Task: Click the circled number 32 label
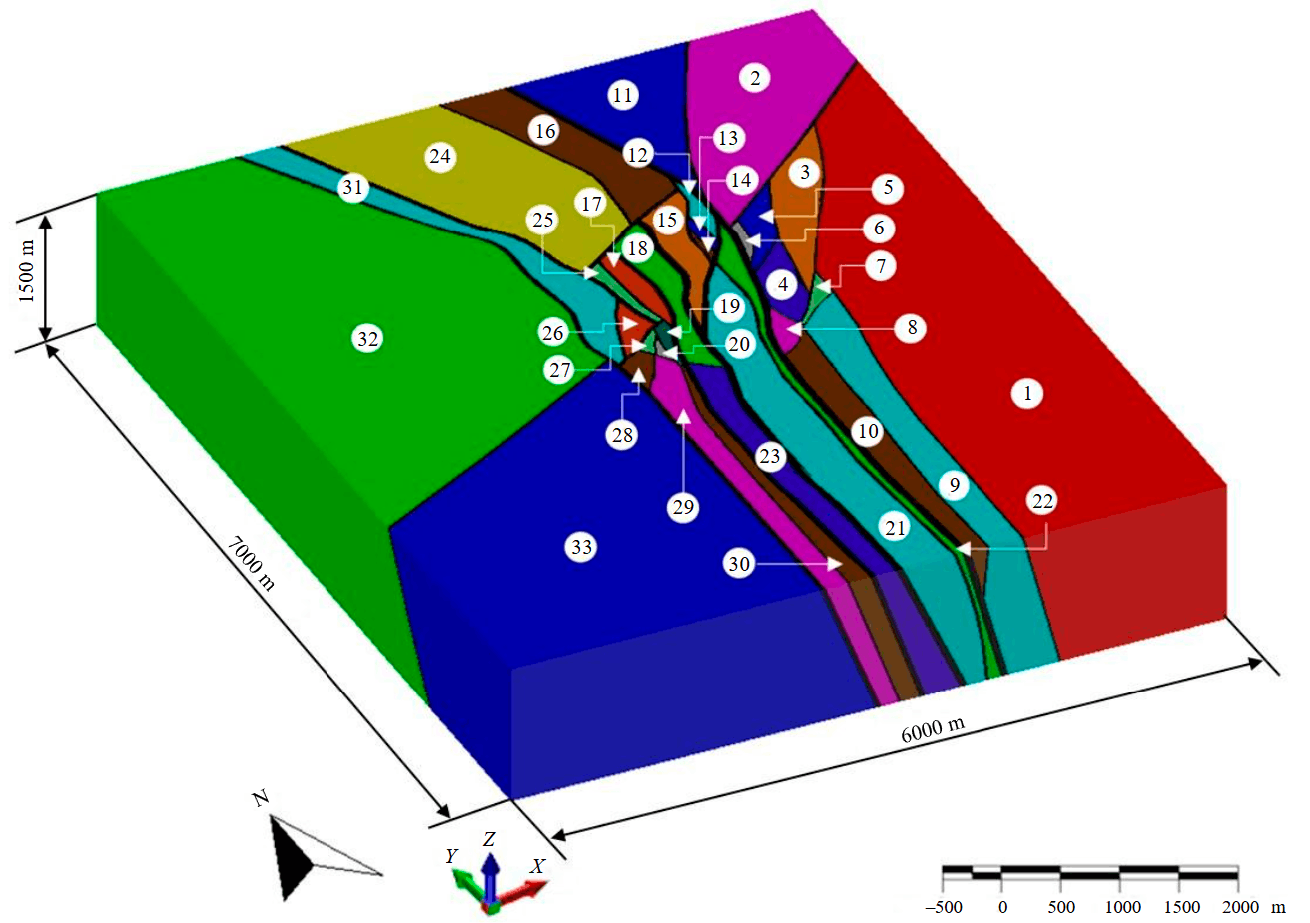tap(367, 339)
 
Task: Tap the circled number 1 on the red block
tap(1027, 393)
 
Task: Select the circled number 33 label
tap(581, 547)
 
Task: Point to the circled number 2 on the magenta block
tap(755, 78)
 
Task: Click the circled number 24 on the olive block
tap(439, 157)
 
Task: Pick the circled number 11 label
tap(623, 96)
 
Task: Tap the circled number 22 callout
tap(1042, 501)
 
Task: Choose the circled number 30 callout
tap(739, 565)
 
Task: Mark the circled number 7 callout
tap(880, 266)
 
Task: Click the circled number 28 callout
tap(622, 435)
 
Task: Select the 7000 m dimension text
tap(250, 561)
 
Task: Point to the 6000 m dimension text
tap(933, 729)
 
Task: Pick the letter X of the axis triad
tap(537, 866)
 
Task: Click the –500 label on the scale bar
tap(943, 907)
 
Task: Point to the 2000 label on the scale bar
tap(1240, 907)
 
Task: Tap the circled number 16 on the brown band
tap(544, 131)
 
